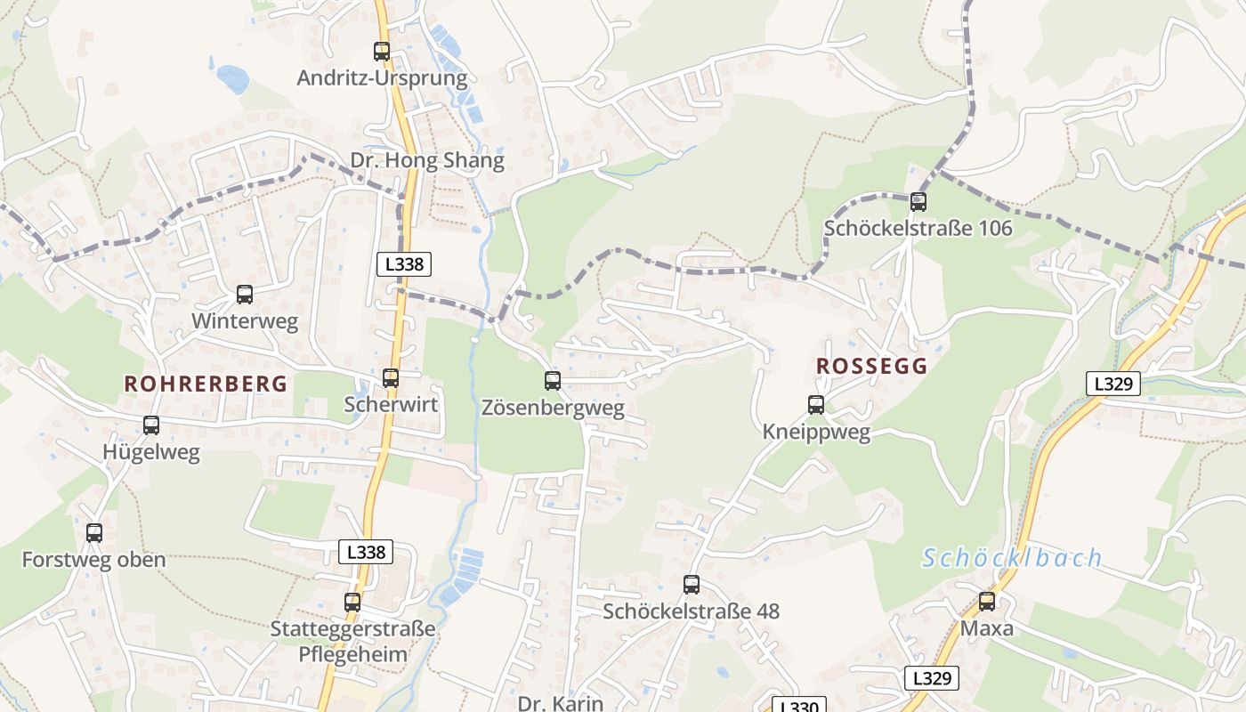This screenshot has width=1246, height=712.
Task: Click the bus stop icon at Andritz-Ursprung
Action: [382, 52]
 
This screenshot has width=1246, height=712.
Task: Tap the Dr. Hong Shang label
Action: [427, 161]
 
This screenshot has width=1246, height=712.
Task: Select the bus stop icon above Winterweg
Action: [245, 295]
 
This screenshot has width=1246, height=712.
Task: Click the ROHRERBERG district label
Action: [206, 384]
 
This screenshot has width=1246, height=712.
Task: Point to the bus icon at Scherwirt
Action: [391, 378]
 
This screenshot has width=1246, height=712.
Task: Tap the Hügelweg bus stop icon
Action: [151, 425]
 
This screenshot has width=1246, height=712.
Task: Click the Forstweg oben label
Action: [93, 560]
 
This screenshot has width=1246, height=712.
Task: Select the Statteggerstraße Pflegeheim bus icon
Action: [352, 603]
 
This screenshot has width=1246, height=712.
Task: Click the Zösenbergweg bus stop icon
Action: [553, 382]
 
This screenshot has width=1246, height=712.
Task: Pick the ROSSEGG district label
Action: [871, 366]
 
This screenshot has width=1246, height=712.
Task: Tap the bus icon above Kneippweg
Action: [816, 405]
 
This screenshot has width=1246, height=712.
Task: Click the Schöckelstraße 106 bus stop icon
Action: [918, 202]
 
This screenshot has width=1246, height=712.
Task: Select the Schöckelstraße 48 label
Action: [691, 611]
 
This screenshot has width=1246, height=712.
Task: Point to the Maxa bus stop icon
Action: [987, 602]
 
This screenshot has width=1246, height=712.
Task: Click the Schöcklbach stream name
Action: [1012, 559]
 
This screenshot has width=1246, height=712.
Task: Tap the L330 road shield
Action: [798, 706]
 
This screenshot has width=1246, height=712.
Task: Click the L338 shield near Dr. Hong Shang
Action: [404, 263]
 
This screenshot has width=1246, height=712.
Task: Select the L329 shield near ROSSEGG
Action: [1113, 384]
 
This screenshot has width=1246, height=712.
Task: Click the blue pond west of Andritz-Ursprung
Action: [233, 79]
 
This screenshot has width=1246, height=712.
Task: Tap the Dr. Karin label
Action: [560, 702]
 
